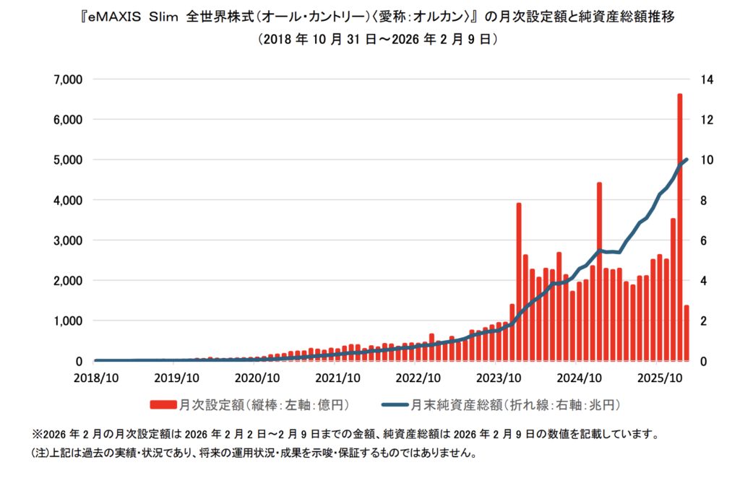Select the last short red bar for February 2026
(x=687, y=333)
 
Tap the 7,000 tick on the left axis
(x=69, y=79)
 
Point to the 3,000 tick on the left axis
(x=69, y=240)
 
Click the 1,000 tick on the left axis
(x=69, y=321)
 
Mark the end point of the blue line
(x=687, y=160)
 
